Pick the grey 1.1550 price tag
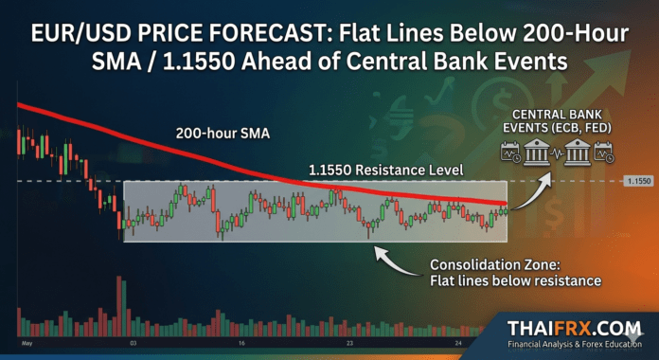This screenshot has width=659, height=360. coord(636,180)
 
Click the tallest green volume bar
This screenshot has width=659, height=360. coord(116,303)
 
